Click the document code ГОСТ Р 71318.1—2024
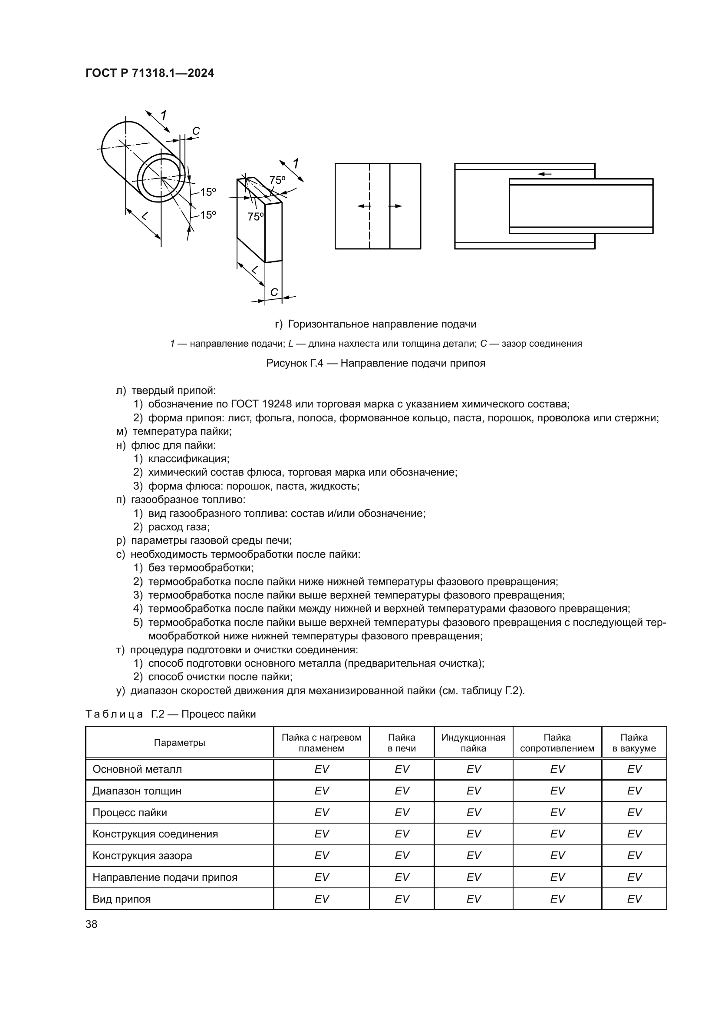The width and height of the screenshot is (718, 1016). (x=149, y=73)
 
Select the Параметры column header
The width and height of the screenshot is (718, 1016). (x=180, y=743)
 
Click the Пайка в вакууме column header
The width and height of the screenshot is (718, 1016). (x=633, y=743)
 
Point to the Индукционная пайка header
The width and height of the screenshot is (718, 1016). (x=473, y=743)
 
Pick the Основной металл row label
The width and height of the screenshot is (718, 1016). (x=137, y=769)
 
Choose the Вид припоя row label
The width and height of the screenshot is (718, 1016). (x=122, y=899)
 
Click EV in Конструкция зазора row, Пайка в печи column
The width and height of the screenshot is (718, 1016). (x=402, y=856)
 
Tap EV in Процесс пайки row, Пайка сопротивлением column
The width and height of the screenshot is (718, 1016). (x=557, y=812)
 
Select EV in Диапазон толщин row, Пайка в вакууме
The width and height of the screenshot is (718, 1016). (x=633, y=791)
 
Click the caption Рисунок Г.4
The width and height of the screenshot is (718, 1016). (x=375, y=363)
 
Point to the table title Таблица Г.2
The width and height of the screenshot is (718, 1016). (x=170, y=714)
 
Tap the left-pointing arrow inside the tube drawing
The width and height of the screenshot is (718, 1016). (x=545, y=174)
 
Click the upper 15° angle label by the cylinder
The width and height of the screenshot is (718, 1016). (x=207, y=192)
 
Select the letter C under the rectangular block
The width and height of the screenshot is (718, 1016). (x=273, y=292)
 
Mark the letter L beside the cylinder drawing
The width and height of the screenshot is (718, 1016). (x=144, y=216)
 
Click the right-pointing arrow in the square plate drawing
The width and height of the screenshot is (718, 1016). (x=395, y=206)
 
